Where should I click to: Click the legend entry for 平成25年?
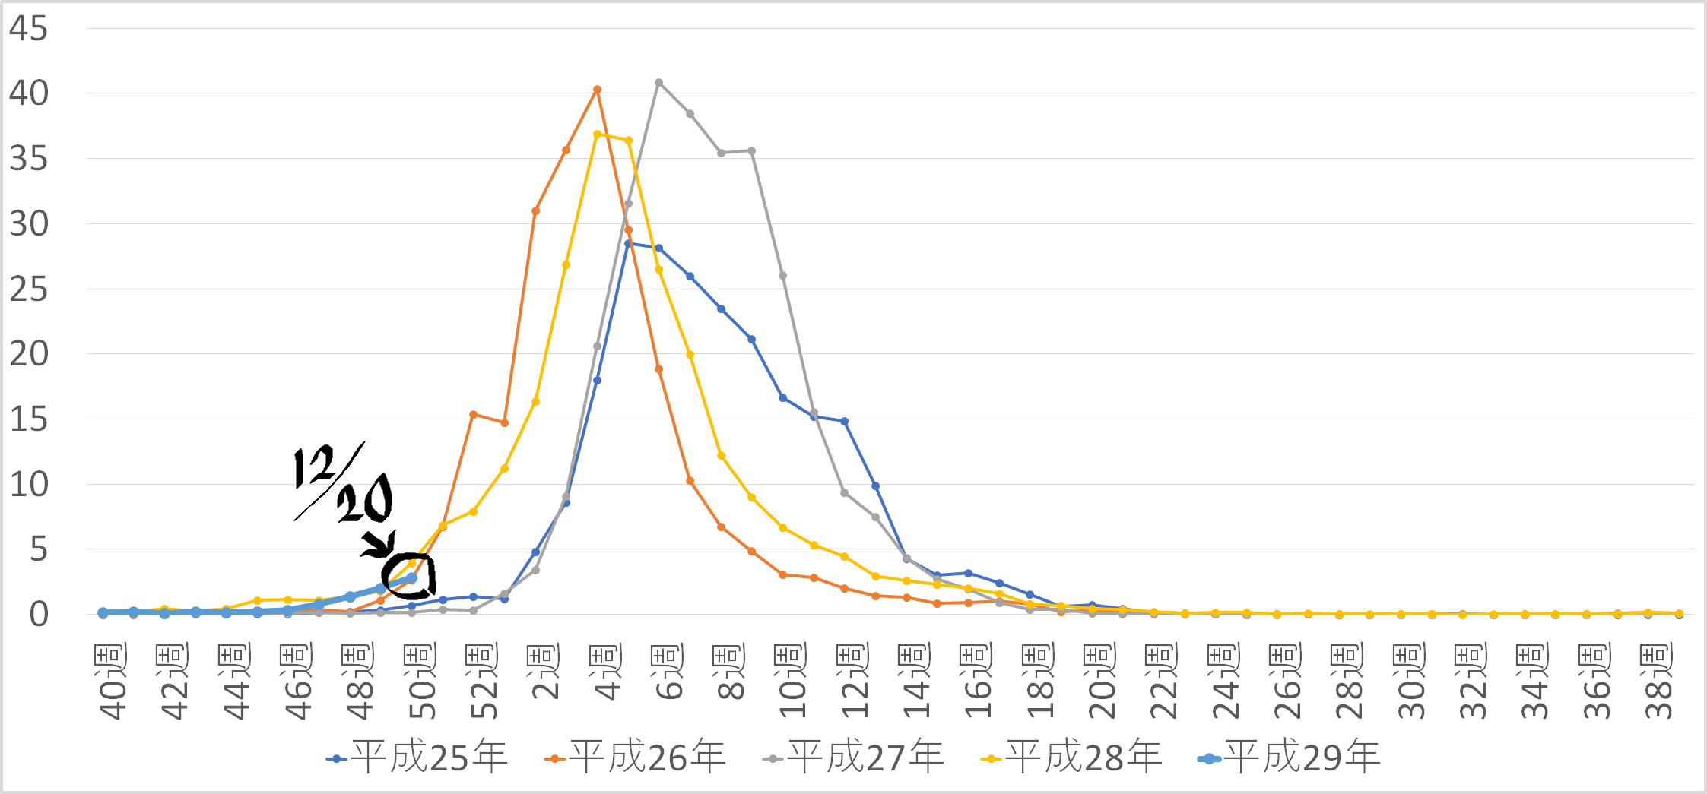click(417, 758)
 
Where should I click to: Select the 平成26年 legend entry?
click(636, 758)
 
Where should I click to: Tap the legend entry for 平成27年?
click(854, 758)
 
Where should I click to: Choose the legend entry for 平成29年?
click(1290, 758)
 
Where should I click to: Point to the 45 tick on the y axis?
click(28, 29)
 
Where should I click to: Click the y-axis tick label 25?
click(28, 289)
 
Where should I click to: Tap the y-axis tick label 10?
click(28, 485)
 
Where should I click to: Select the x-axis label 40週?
click(111, 682)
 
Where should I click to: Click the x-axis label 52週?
click(483, 682)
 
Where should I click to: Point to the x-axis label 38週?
click(1658, 682)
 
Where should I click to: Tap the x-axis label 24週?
click(1226, 682)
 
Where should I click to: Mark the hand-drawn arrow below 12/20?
click(379, 544)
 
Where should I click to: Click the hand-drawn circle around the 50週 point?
click(410, 576)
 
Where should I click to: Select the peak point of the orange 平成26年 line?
click(597, 90)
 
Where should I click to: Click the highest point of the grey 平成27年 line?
click(659, 83)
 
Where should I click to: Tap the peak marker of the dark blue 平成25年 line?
click(628, 244)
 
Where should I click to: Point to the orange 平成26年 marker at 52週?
click(473, 415)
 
